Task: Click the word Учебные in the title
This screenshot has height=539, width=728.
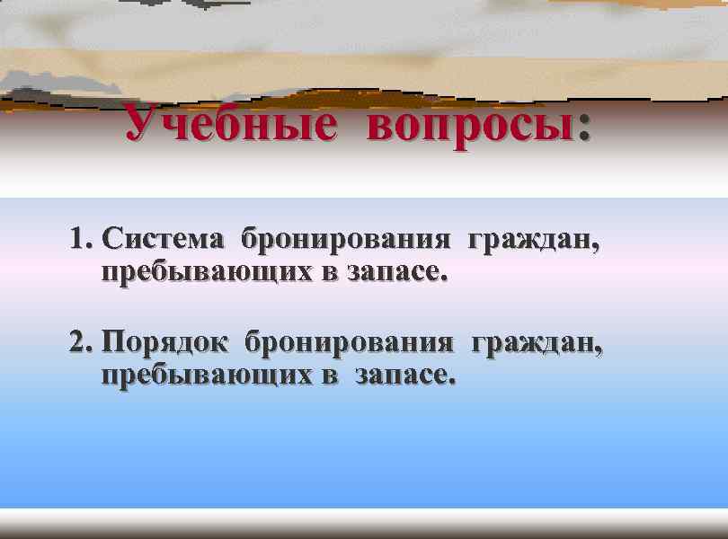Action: coord(230,124)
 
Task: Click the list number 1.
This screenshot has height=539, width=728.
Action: coord(75,241)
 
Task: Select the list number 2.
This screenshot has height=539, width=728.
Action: coord(76,342)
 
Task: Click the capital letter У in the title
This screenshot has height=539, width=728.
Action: coord(140,124)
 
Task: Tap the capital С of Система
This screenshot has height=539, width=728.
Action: coord(112,241)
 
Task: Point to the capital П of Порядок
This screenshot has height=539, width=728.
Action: coord(114,343)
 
